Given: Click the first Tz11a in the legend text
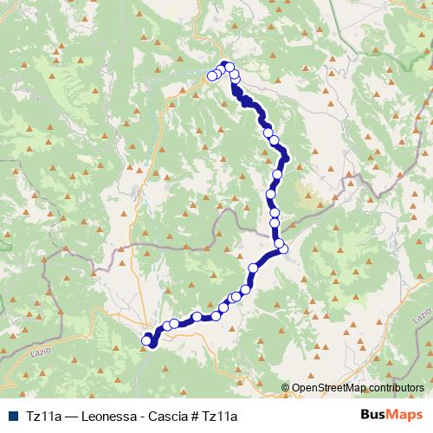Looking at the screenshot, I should pyautogui.click(x=42, y=417).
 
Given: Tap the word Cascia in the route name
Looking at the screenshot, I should pyautogui.click(x=170, y=417).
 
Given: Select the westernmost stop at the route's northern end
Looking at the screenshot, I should pyautogui.click(x=211, y=76).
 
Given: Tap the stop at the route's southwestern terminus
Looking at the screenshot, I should pyautogui.click(x=145, y=340).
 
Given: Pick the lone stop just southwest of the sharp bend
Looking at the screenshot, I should pyautogui.click(x=254, y=268).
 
